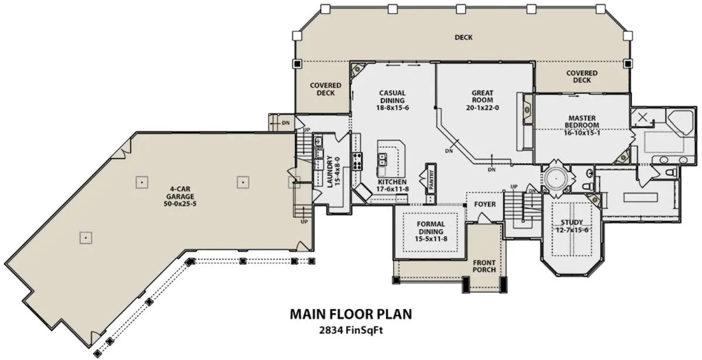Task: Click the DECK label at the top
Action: point(463,37)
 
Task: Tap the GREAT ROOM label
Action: point(482,97)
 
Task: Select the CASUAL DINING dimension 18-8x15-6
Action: point(393,108)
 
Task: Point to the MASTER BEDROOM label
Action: point(582,122)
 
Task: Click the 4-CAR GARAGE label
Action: point(180,193)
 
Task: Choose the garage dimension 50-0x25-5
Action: point(180,204)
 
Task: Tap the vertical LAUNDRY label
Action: point(329,172)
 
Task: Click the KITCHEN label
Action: point(393,182)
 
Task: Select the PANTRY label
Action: point(431,180)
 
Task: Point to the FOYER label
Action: point(485,204)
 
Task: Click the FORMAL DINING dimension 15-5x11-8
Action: point(431,239)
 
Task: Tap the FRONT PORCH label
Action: point(484,266)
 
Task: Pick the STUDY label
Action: point(572,222)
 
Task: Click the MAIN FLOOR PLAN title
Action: point(351,314)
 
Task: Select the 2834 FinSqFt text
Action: point(351,330)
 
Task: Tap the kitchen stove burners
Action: point(357,161)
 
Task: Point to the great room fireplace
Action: point(528,109)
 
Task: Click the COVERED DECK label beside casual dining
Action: point(326,89)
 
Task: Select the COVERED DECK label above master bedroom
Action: point(582,77)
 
